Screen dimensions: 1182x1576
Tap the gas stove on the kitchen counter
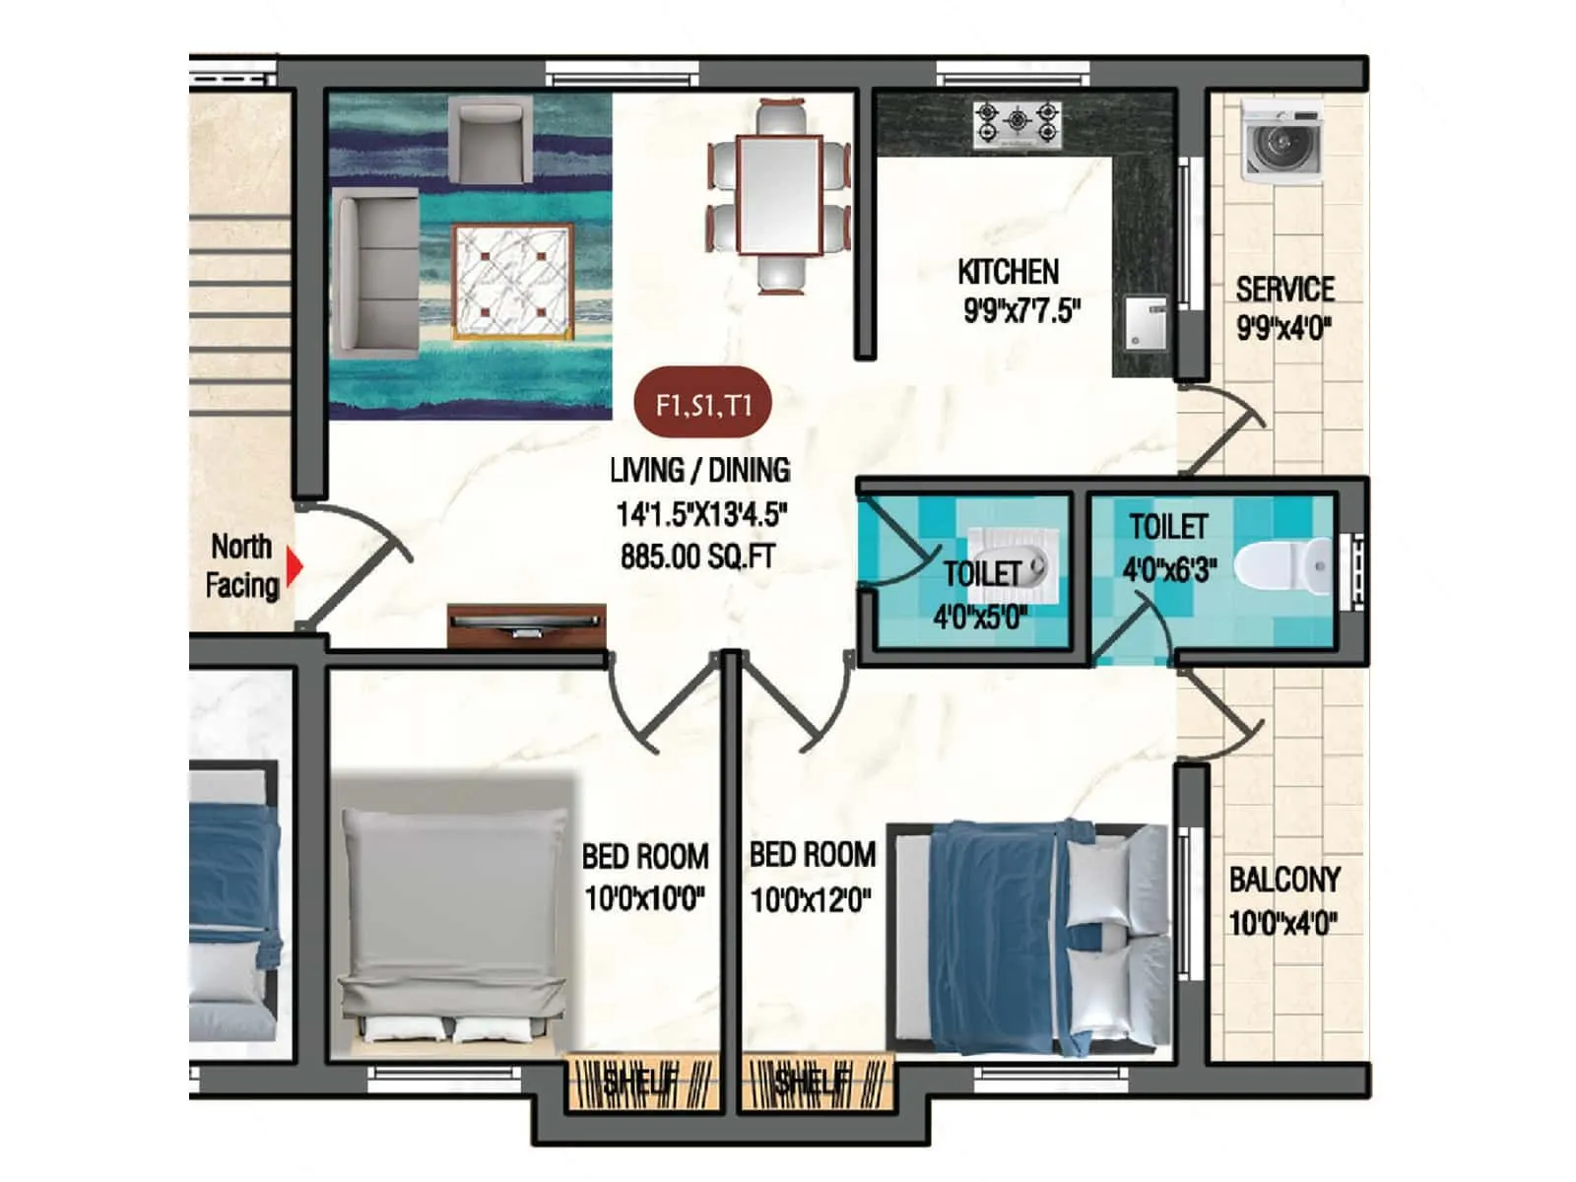click(x=1017, y=124)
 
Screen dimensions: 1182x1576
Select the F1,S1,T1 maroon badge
click(x=702, y=404)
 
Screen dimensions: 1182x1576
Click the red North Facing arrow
click(x=294, y=566)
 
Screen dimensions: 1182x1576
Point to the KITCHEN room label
click(x=1008, y=272)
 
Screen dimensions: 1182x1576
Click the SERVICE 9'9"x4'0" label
click(x=1284, y=308)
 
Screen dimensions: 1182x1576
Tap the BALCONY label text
click(x=1284, y=879)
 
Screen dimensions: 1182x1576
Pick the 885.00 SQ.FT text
click(x=697, y=557)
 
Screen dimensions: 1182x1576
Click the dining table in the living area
click(x=780, y=195)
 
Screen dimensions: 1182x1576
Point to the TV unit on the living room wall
click(x=526, y=624)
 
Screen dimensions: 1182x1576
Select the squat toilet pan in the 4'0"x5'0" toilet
click(x=1012, y=564)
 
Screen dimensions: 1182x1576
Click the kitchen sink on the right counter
click(x=1145, y=320)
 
